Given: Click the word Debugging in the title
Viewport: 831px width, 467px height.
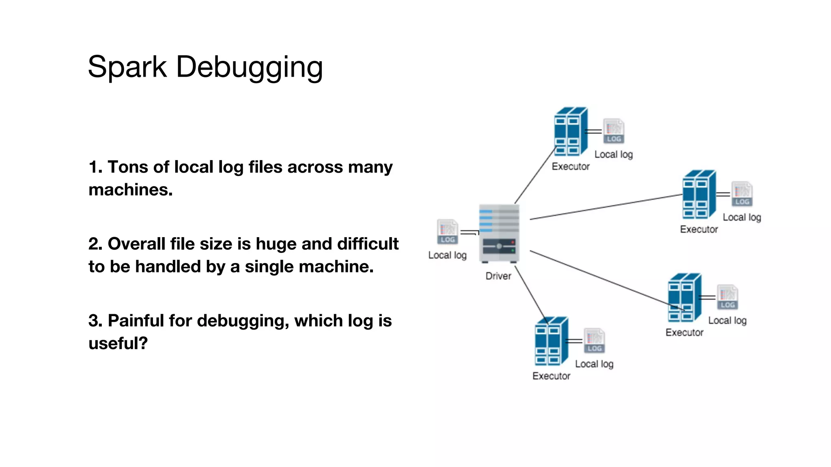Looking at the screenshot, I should (249, 67).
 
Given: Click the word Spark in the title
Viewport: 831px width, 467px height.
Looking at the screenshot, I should (127, 66).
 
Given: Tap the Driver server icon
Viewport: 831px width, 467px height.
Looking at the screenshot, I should (499, 233).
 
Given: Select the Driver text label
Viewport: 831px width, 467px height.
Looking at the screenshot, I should (498, 276).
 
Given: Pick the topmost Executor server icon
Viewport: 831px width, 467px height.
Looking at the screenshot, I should (571, 131).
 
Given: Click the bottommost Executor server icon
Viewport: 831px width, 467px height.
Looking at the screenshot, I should (551, 341).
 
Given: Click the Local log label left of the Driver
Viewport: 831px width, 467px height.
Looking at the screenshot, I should (447, 255).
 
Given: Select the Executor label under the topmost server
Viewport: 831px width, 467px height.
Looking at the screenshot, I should (571, 167).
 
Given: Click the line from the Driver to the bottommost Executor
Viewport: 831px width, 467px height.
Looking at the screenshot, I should (531, 293).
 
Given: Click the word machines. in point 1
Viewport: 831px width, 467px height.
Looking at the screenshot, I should (131, 190).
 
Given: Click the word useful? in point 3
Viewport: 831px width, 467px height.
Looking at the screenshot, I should (118, 343).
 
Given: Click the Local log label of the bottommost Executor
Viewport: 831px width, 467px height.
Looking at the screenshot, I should (594, 364).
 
